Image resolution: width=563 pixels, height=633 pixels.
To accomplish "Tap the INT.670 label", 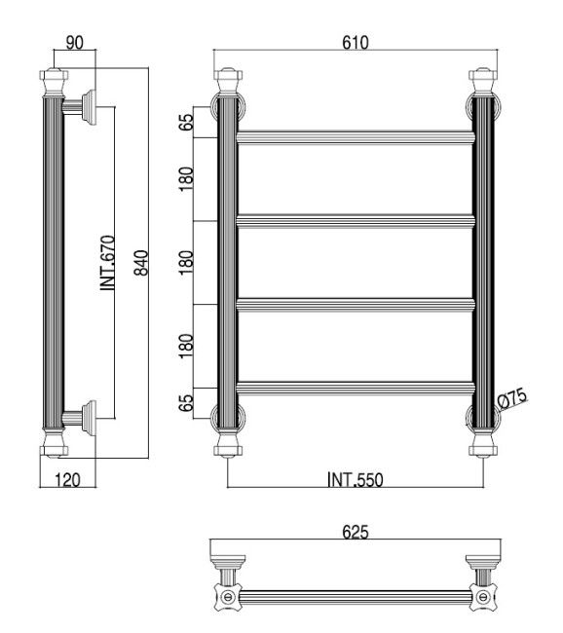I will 108,263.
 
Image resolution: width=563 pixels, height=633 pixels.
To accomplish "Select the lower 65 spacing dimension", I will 186,401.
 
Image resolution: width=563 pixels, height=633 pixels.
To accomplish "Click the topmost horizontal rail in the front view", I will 356,135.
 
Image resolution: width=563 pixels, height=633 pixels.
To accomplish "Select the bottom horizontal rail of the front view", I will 356,388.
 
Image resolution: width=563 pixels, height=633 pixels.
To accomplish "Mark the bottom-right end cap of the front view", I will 484,445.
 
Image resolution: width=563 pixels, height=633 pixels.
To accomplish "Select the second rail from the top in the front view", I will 356,220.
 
